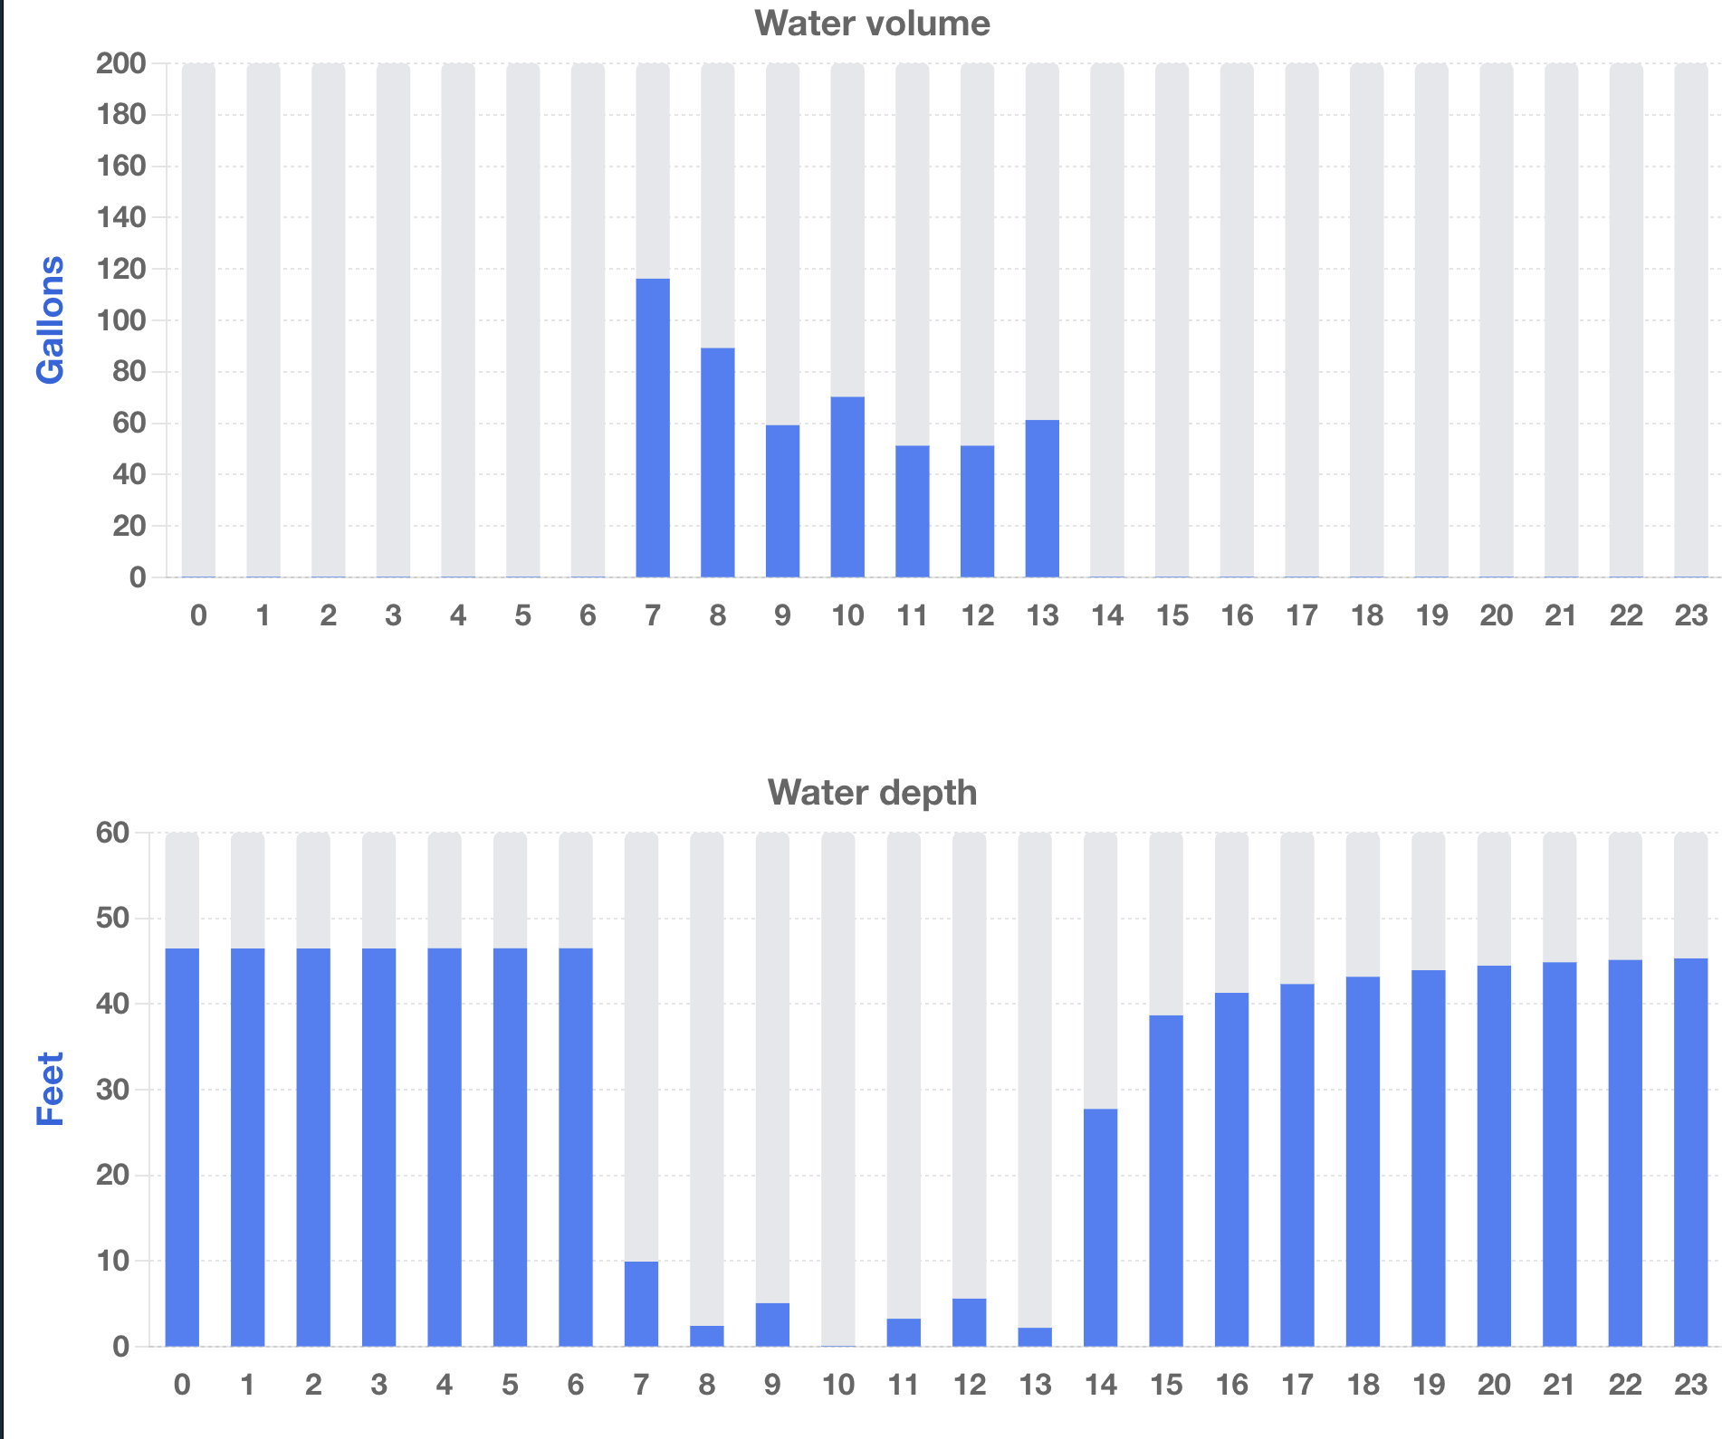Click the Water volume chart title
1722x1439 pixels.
tap(872, 24)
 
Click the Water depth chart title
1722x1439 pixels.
tap(872, 793)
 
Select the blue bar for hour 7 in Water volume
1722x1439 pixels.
tap(653, 427)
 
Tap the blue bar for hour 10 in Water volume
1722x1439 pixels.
tap(847, 487)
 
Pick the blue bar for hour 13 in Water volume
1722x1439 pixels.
tap(1042, 499)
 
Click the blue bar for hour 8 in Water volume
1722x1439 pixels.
tap(718, 462)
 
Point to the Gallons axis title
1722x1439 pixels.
tap(51, 319)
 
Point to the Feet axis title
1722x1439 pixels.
tap(51, 1089)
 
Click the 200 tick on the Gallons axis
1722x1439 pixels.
tap(121, 63)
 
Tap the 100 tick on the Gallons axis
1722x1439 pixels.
tap(121, 320)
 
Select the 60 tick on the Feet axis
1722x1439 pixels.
tap(113, 833)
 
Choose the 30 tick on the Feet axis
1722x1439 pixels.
tap(113, 1090)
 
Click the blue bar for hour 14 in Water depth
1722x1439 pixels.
tap(1100, 1227)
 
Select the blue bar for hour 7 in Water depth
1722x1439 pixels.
tap(641, 1303)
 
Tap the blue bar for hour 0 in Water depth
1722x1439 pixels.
tap(182, 1147)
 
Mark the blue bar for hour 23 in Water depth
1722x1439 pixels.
tap(1690, 1152)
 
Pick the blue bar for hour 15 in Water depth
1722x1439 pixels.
tap(1166, 1180)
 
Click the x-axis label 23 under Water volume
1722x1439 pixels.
tap(1690, 616)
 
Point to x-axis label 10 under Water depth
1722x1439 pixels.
tap(838, 1386)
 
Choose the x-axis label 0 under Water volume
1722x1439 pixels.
tap(198, 616)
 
